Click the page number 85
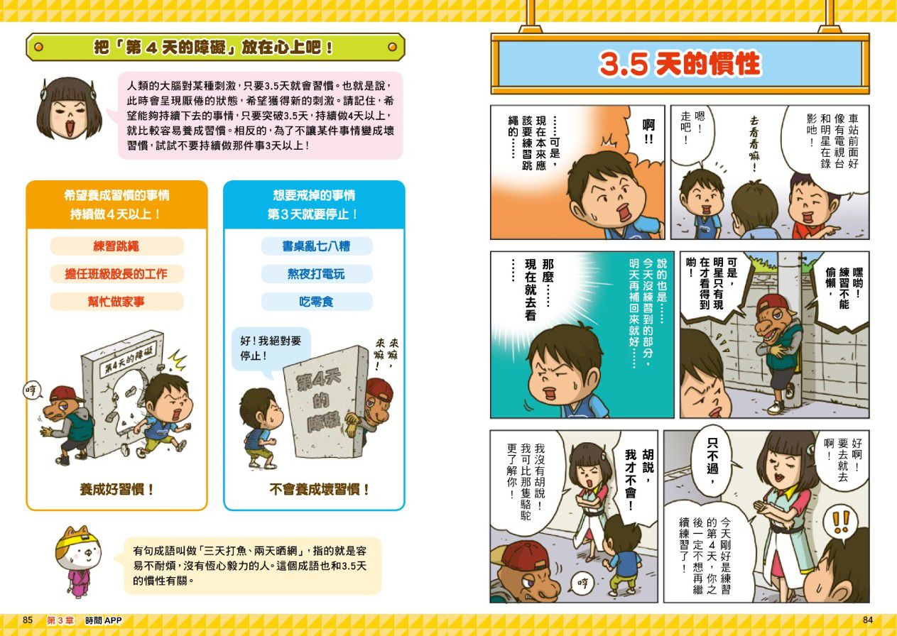27,620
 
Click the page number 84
867,620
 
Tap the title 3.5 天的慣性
680,64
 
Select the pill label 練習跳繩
116,246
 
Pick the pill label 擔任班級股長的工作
116,274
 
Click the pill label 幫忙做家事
116,302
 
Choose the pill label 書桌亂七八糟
316,246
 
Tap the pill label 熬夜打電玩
316,274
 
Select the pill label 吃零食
316,302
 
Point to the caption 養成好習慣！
116,489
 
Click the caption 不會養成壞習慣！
319,489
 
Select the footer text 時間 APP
103,620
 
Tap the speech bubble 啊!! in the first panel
648,133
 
